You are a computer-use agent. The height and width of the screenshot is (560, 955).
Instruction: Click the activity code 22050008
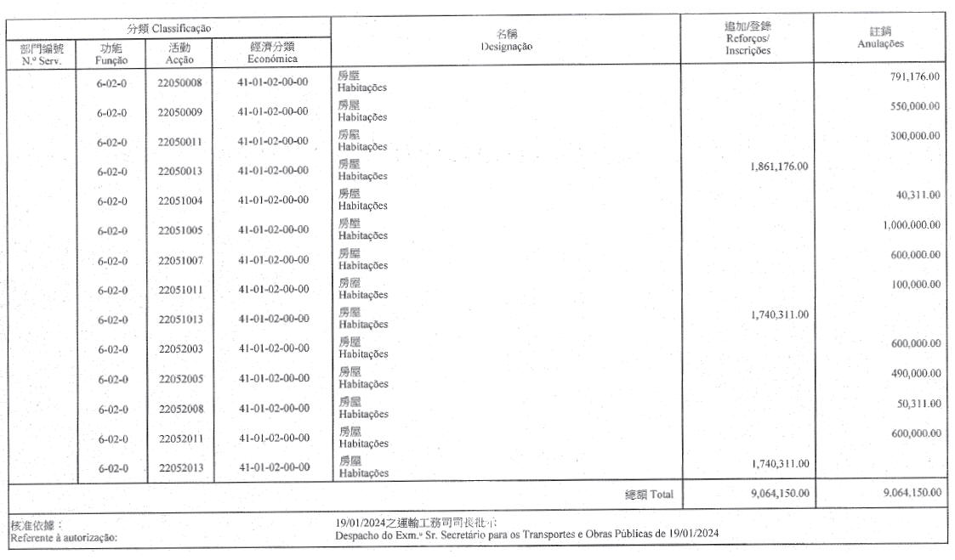pyautogui.click(x=179, y=82)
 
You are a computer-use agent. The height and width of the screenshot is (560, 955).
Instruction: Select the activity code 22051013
pyautogui.click(x=179, y=320)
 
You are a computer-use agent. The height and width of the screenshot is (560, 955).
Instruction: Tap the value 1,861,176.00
pyautogui.click(x=779, y=167)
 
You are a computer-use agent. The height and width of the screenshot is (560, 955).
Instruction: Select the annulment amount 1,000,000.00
pyautogui.click(x=912, y=225)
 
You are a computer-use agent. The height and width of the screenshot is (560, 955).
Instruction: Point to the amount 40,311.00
pyautogui.click(x=918, y=195)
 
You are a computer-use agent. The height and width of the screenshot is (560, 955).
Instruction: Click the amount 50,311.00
pyautogui.click(x=918, y=404)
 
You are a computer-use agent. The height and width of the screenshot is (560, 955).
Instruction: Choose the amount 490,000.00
pyautogui.click(x=914, y=374)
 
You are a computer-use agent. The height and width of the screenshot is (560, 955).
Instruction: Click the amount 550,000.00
pyautogui.click(x=914, y=107)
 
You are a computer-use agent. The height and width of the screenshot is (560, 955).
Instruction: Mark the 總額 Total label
pyautogui.click(x=649, y=494)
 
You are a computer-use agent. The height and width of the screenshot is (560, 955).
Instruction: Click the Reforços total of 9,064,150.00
pyautogui.click(x=779, y=493)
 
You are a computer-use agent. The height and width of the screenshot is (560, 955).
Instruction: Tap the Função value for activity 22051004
pyautogui.click(x=112, y=201)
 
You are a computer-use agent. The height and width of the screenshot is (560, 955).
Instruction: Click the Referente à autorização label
pyautogui.click(x=64, y=538)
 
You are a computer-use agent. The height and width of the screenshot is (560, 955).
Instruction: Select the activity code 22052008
pyautogui.click(x=179, y=410)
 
